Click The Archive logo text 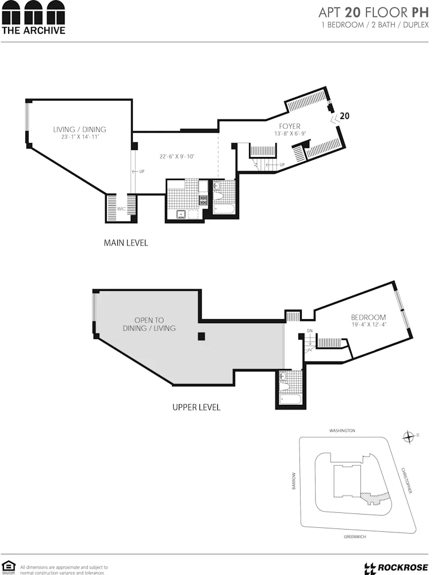(33, 30)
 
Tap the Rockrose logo (397, 568)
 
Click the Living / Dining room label (79, 129)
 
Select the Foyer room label (290, 126)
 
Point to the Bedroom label (368, 317)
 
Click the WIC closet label (121, 209)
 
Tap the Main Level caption (126, 243)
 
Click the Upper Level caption (197, 407)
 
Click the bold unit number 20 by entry (344, 116)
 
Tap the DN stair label (309, 331)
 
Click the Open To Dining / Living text (149, 324)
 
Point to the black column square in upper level (201, 336)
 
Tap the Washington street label (342, 431)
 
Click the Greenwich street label (355, 536)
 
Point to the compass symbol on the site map (409, 437)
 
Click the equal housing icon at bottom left (8, 566)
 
